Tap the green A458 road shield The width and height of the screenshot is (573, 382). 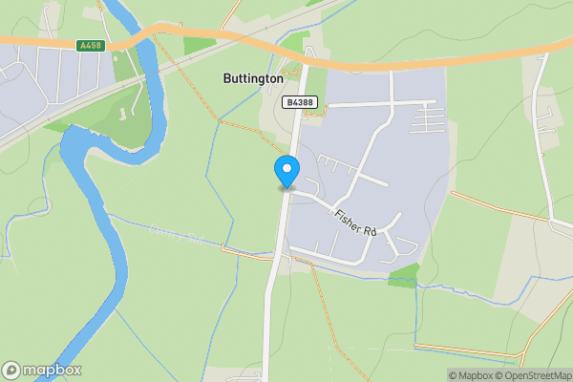(90, 44)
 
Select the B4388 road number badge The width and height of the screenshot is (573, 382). (299, 100)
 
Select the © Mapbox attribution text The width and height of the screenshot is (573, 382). (469, 374)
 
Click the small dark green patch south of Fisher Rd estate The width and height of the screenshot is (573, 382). (403, 275)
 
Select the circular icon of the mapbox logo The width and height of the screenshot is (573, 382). (12, 370)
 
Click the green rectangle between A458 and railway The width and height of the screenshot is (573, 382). (198, 44)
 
